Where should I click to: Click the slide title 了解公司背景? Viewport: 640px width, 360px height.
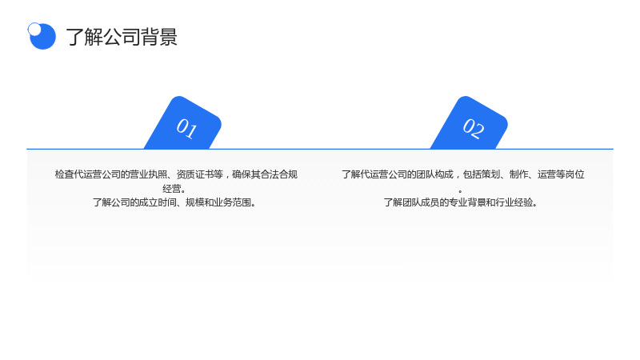coord(122,37)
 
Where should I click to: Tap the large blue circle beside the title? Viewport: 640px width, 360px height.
coord(43,37)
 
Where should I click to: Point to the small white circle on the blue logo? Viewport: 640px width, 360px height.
coord(34,29)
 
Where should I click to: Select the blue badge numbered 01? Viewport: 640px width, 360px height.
coord(183,123)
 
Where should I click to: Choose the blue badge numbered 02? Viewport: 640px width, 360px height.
coord(470,123)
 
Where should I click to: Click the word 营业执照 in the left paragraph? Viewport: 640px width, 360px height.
coord(148,174)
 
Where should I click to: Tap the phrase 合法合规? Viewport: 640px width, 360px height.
coord(278,174)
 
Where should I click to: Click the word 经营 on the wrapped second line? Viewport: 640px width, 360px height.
coord(172,189)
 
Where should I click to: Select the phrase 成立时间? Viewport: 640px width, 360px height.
coord(157,202)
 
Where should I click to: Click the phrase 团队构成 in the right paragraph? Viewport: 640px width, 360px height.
coord(434,174)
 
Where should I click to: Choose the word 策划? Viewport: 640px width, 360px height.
coord(490,174)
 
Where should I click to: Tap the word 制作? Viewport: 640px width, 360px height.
coord(518,174)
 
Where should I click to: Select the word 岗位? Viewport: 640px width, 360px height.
coord(575,174)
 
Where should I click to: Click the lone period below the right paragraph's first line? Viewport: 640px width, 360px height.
coord(461,191)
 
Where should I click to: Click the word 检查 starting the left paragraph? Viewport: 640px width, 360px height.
coord(65,174)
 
